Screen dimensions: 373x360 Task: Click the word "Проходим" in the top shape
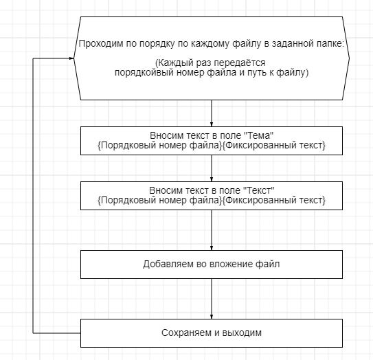[100, 44]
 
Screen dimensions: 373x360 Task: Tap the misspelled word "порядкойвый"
[144, 73]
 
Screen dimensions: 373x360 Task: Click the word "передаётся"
[240, 63]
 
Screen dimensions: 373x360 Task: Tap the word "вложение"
[232, 264]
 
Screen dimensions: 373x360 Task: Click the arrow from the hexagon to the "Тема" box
[212, 113]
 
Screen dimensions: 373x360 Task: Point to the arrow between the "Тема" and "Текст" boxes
[212, 168]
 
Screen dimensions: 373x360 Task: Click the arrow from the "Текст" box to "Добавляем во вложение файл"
[212, 230]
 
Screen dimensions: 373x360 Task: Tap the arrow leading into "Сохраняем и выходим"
[212, 299]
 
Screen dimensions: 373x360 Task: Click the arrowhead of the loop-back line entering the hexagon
[71, 58]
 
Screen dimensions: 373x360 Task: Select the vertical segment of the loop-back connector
[33, 196]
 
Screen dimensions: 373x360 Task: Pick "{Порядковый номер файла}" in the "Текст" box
[159, 200]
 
